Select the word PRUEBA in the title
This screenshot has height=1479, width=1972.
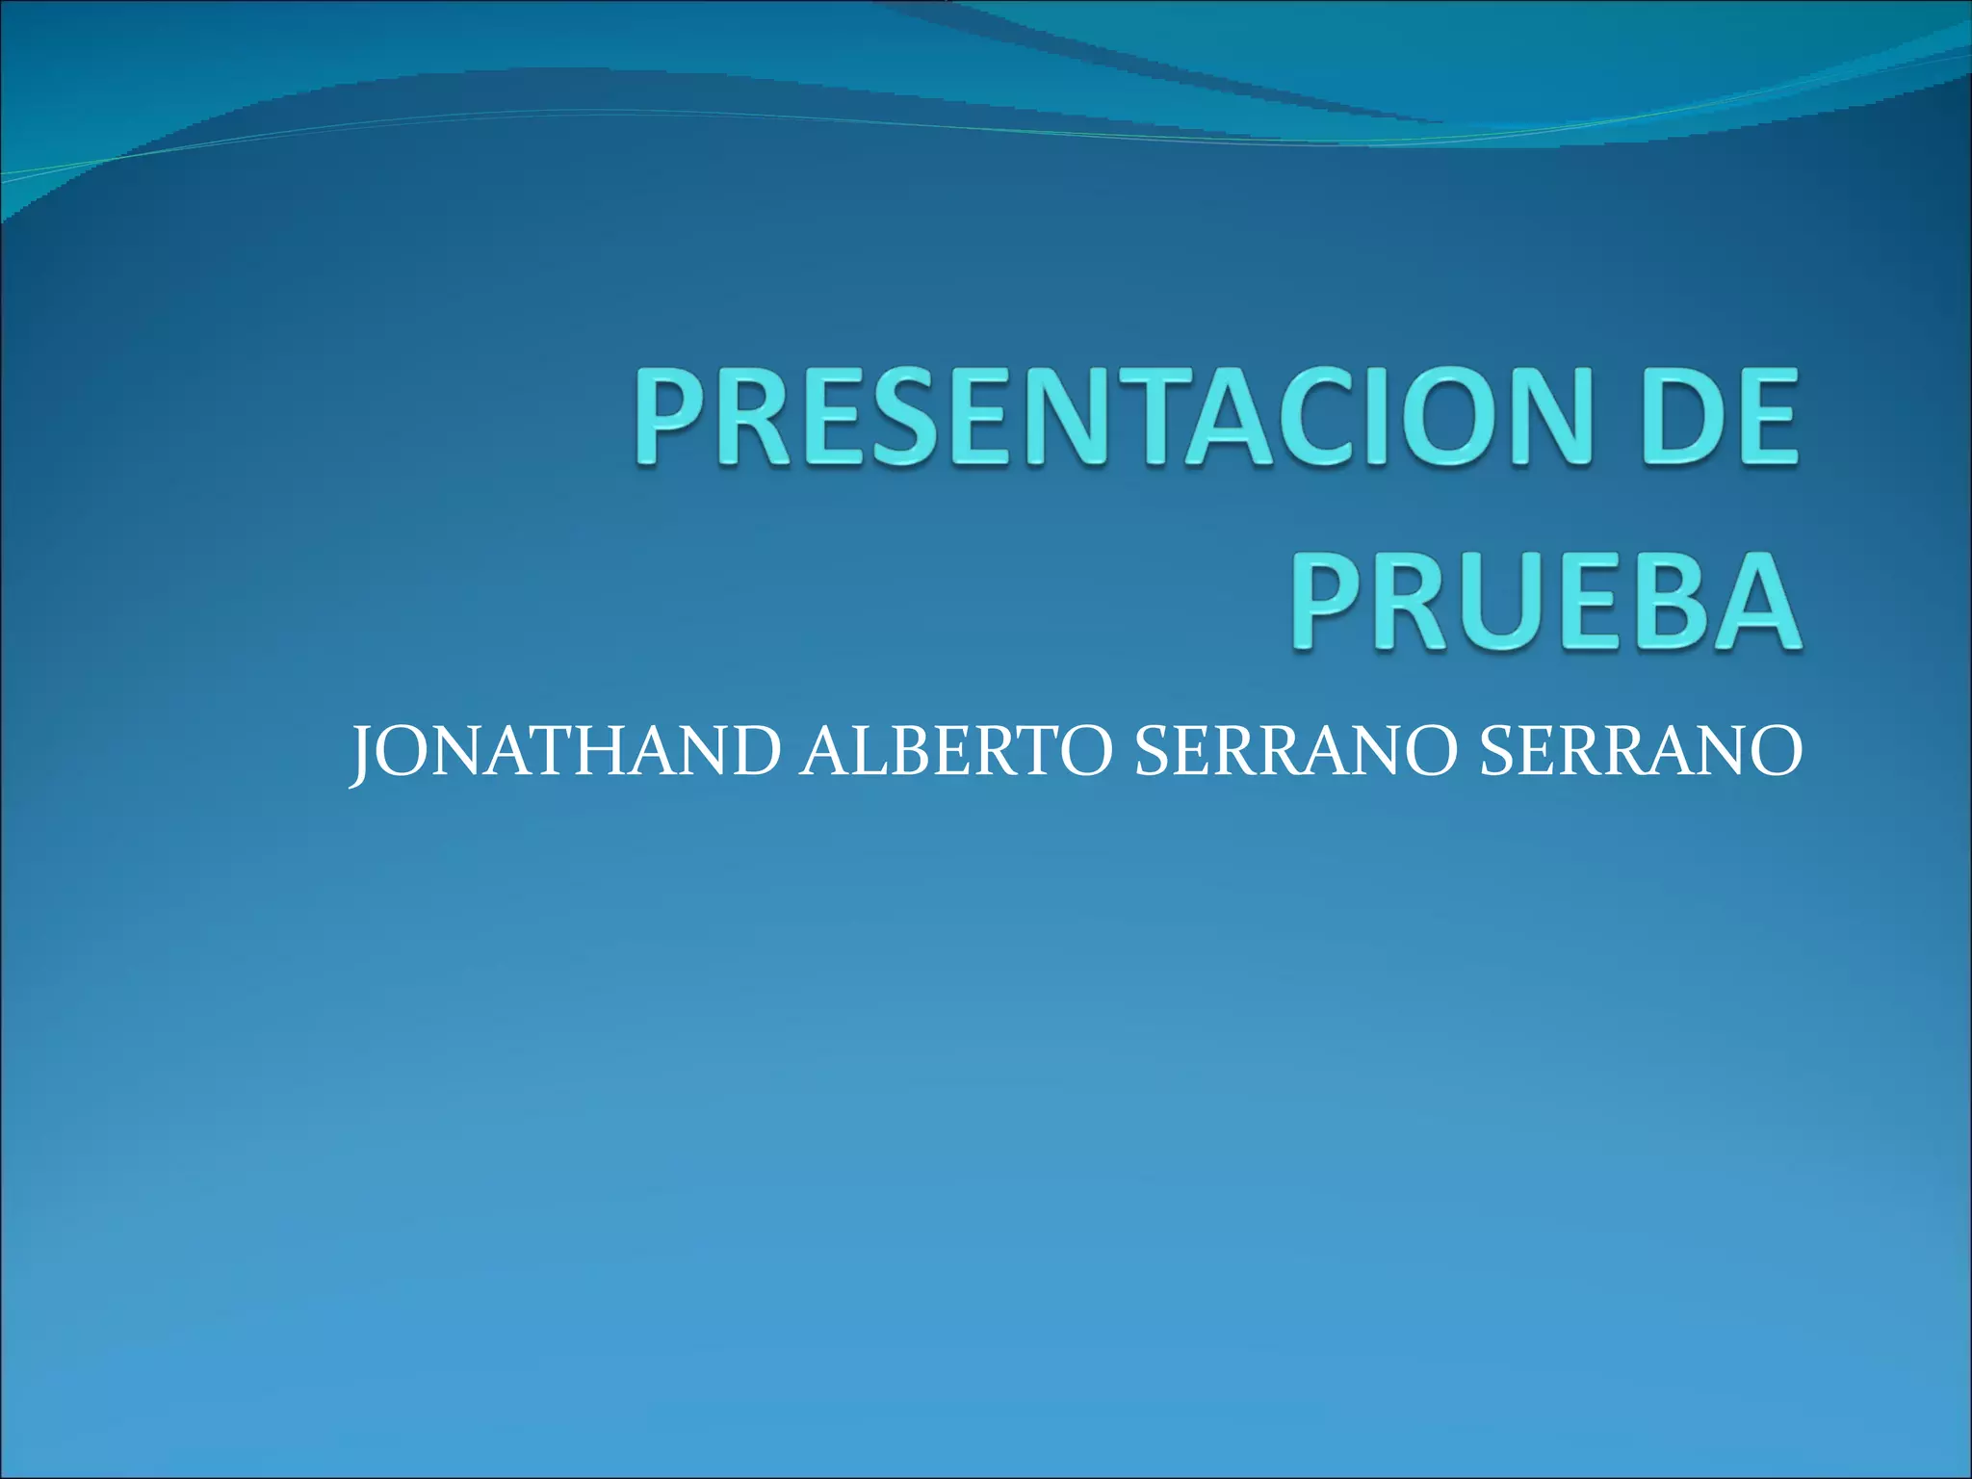[1544, 602]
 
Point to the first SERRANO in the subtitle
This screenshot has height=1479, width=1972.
[1291, 752]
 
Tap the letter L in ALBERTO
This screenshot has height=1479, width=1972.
[863, 752]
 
